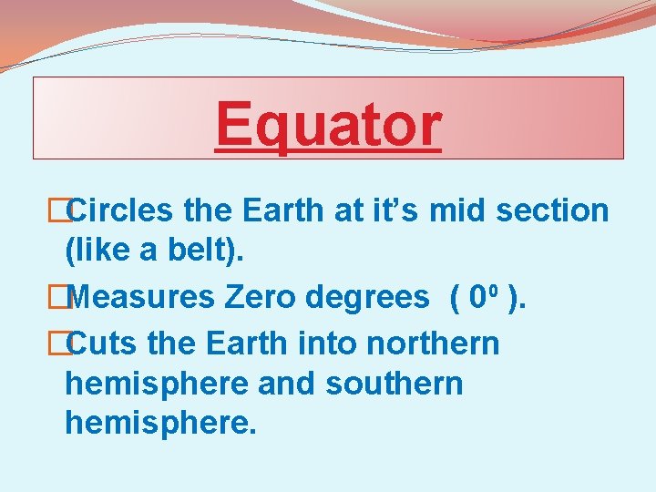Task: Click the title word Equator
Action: [328, 125]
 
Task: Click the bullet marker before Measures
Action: [59, 297]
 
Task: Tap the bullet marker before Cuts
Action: [59, 344]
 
